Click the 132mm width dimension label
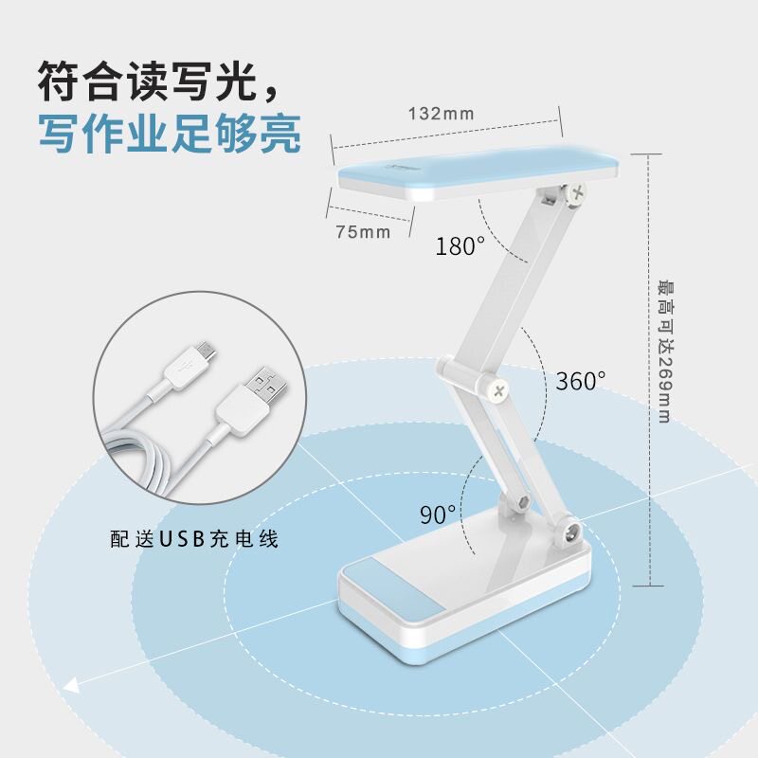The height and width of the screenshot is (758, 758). click(441, 114)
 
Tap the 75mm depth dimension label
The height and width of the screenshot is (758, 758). click(362, 232)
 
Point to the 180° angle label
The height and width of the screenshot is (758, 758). click(460, 247)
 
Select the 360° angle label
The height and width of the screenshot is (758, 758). click(580, 381)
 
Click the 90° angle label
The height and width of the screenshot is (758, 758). click(438, 514)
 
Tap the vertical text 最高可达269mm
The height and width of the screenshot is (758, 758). click(663, 351)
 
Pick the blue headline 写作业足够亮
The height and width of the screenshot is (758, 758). click(171, 135)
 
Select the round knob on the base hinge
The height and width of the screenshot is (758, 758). click(571, 534)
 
